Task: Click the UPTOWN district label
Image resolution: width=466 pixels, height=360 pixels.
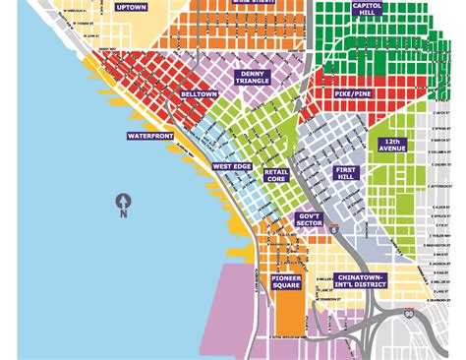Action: (x=131, y=7)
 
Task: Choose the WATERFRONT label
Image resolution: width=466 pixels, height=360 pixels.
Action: (x=148, y=135)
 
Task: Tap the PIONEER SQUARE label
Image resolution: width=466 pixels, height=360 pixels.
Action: (x=286, y=282)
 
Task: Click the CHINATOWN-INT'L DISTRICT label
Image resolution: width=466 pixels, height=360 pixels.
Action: (x=361, y=281)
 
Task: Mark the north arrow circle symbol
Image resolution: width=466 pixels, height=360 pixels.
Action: (x=123, y=198)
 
